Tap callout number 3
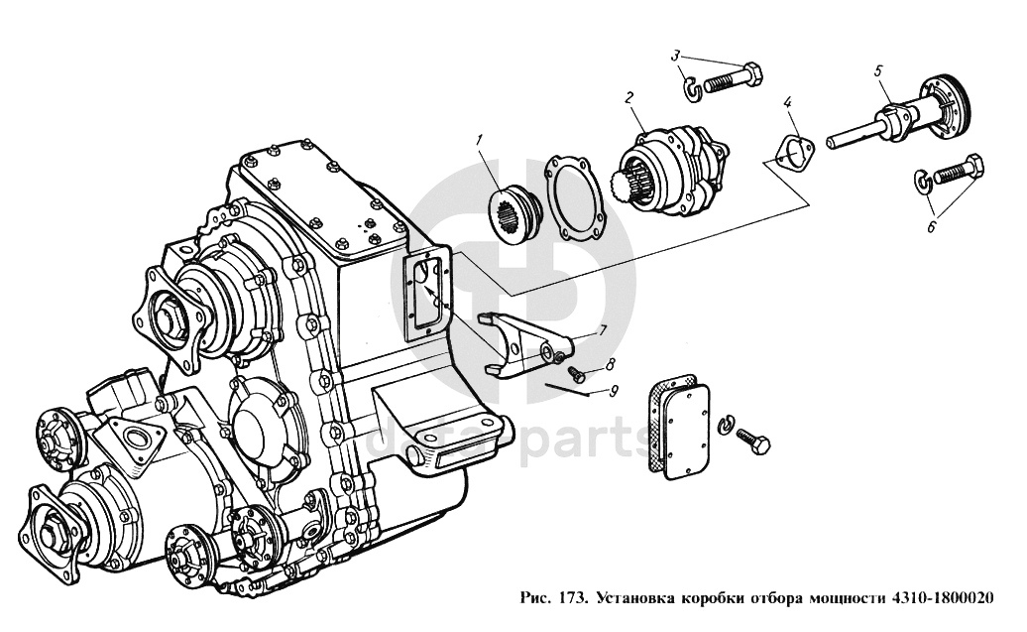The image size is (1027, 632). pos(675,55)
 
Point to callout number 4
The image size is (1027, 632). pos(787,102)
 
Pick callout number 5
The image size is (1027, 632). pos(877,71)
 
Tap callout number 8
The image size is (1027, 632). pos(611,366)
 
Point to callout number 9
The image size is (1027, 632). pos(615,390)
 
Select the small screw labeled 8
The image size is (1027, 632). pos(577,374)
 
